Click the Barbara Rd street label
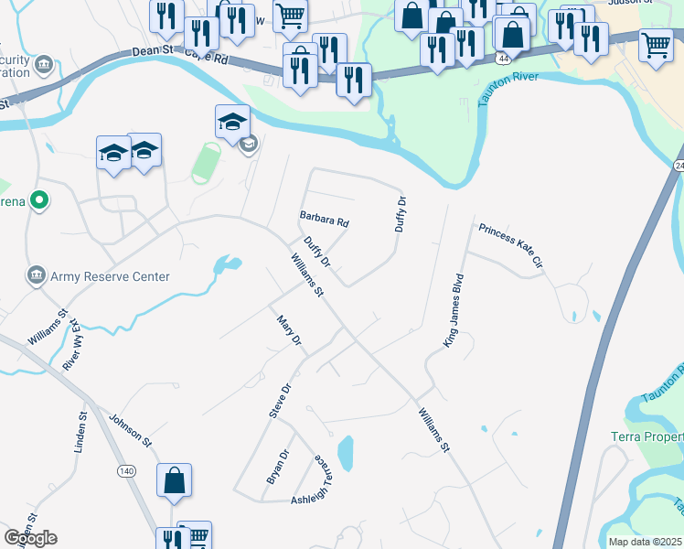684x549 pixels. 325,219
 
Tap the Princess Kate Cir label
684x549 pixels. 510,245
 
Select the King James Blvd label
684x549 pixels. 454,309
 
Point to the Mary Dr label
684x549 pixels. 289,330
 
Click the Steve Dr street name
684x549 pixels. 280,401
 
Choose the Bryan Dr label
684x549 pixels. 276,466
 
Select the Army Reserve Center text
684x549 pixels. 111,276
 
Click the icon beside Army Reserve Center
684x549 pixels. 36,275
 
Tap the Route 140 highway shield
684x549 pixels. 124,470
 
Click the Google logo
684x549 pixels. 30,538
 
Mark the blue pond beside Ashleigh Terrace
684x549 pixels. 346,453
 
